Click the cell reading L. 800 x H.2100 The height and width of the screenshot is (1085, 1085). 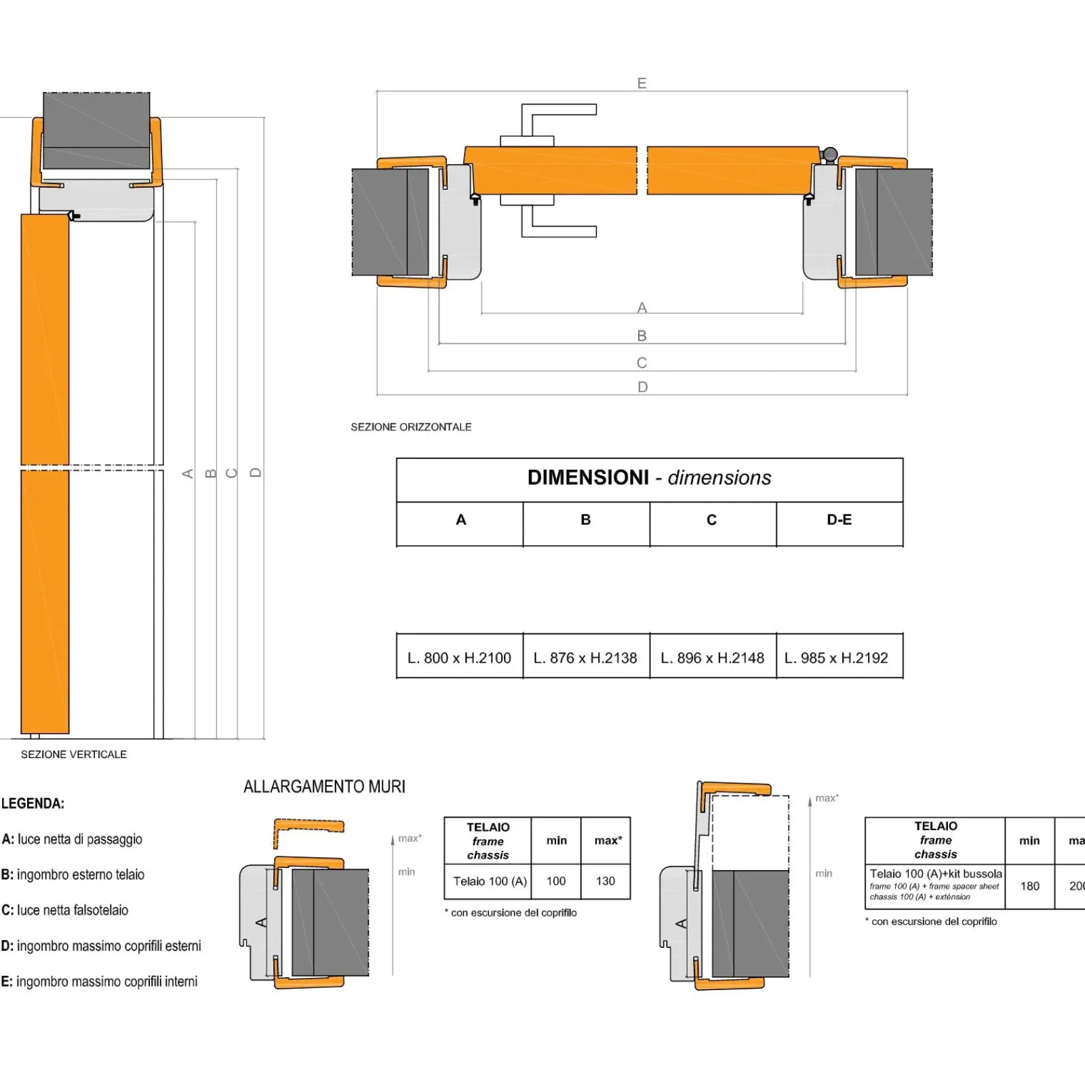459,657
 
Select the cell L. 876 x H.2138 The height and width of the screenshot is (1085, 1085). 585,657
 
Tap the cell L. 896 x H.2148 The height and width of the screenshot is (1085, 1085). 712,657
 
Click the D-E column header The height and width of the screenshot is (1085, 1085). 839,520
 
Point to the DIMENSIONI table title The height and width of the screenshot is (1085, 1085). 649,478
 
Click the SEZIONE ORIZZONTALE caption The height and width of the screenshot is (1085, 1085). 411,427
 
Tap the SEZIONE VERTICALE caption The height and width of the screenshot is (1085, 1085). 74,754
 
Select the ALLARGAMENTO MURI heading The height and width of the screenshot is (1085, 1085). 324,787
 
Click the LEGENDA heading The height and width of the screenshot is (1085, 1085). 33,804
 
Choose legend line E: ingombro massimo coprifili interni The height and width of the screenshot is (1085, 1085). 99,981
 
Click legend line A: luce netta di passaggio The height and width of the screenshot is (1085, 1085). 72,839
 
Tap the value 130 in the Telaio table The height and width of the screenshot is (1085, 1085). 606,881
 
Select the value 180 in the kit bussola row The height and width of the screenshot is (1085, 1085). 1029,886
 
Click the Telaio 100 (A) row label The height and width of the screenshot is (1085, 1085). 490,881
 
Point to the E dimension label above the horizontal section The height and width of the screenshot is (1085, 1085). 642,83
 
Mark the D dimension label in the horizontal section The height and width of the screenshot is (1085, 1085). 642,387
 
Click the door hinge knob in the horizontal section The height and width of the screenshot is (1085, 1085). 829,155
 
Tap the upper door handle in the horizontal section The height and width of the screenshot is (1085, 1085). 559,120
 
